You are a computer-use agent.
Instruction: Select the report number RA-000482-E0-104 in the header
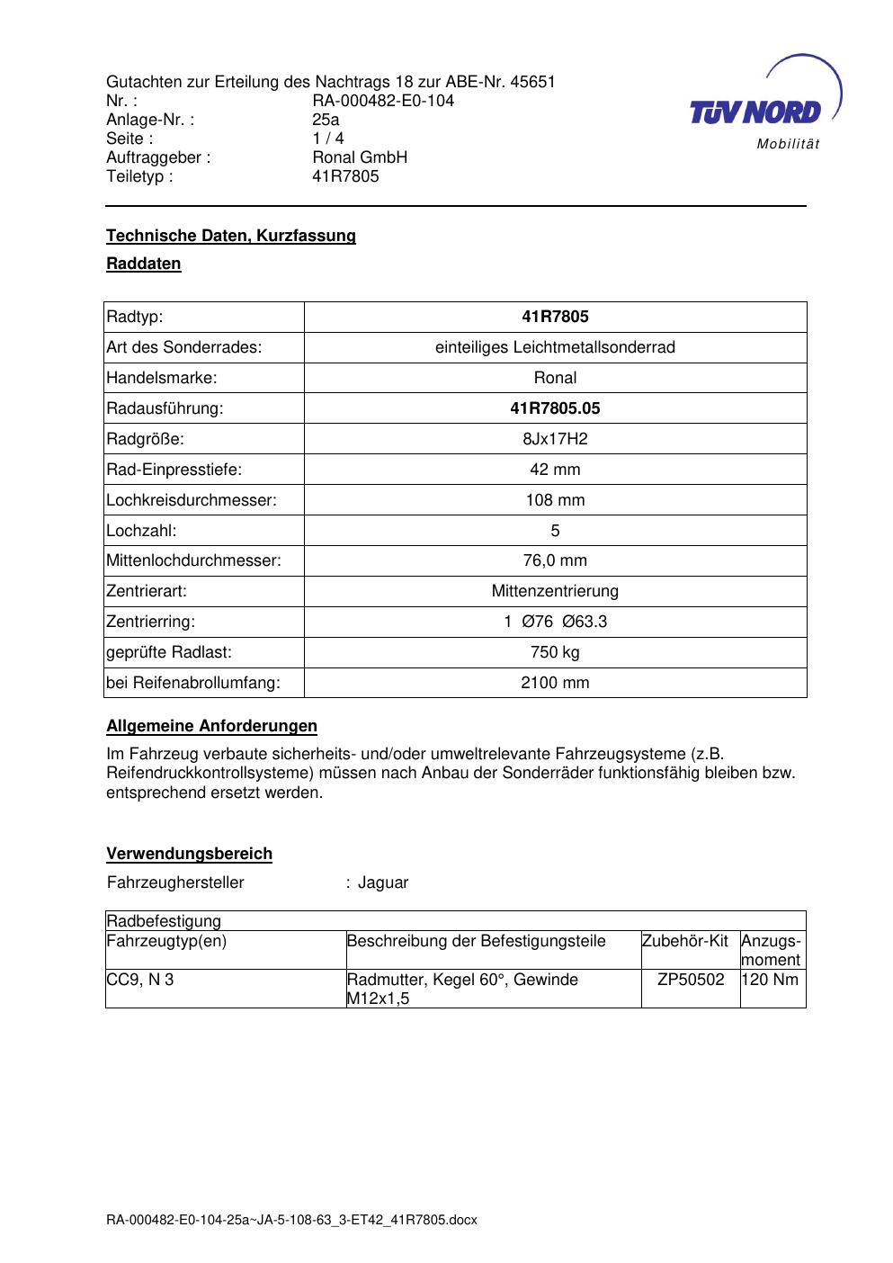click(x=383, y=101)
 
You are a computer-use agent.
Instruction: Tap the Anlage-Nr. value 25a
click(x=326, y=120)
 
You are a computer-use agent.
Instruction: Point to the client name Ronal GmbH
click(x=360, y=157)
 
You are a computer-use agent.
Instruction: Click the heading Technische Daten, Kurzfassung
click(x=231, y=236)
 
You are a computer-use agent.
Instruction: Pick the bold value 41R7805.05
click(x=555, y=408)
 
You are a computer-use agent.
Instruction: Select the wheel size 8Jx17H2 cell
click(x=555, y=439)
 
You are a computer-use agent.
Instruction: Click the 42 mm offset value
click(x=555, y=470)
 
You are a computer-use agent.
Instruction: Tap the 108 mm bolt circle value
click(x=555, y=500)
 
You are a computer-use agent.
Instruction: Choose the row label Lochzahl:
click(x=141, y=531)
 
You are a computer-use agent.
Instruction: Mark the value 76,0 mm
click(x=555, y=561)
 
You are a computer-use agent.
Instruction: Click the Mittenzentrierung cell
click(x=555, y=591)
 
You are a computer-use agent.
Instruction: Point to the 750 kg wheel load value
click(x=555, y=652)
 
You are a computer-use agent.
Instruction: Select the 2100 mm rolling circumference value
click(x=555, y=683)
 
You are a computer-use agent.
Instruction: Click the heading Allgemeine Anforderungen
click(x=211, y=726)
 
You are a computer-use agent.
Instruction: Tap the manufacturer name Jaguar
click(x=383, y=882)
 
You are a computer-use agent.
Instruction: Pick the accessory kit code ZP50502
click(x=691, y=980)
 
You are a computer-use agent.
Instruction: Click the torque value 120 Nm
click(x=772, y=980)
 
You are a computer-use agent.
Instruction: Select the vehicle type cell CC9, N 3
click(x=140, y=980)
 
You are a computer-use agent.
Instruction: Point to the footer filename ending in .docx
click(x=291, y=1221)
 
